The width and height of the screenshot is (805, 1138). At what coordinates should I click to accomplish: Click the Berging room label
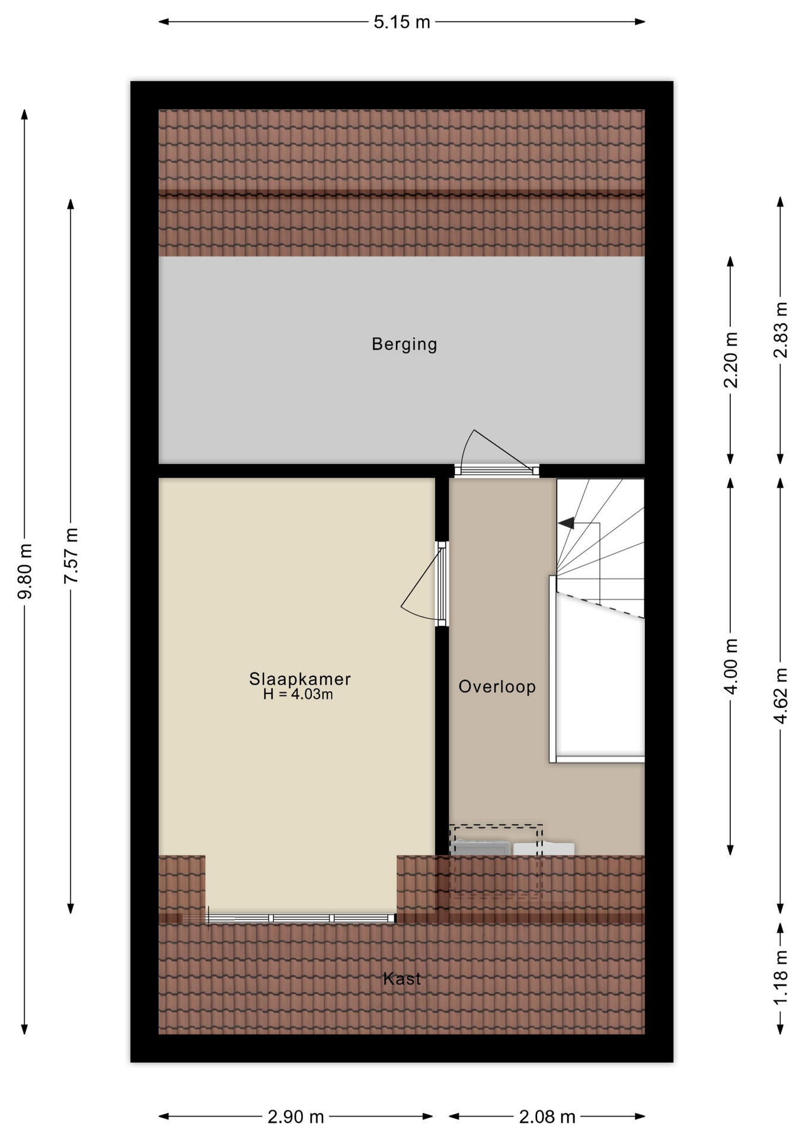(x=404, y=344)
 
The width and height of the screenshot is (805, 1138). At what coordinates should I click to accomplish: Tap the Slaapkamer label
(x=300, y=679)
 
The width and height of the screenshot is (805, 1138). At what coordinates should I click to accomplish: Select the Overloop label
(x=497, y=686)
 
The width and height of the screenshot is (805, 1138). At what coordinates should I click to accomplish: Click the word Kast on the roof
(x=402, y=979)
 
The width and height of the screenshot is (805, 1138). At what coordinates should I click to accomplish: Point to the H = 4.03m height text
(x=298, y=694)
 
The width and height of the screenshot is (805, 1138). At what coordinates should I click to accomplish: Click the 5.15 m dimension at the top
(x=402, y=23)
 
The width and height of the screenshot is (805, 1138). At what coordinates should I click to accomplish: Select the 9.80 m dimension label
(x=25, y=571)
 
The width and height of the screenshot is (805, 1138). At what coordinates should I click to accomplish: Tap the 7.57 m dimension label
(x=71, y=555)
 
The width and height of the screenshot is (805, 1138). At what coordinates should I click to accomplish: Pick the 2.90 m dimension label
(x=296, y=1117)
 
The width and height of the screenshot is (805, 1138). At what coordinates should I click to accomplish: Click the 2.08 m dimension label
(x=547, y=1117)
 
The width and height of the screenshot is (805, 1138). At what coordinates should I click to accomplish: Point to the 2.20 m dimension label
(x=731, y=360)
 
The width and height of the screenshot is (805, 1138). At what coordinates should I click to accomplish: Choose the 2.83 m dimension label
(x=781, y=330)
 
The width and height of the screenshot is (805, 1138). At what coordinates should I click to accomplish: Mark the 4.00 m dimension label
(x=731, y=667)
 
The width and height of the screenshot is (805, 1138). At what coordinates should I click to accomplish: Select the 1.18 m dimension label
(x=781, y=977)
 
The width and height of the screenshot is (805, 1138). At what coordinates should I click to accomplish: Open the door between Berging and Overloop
(x=497, y=471)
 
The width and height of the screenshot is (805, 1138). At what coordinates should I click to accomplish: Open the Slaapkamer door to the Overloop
(x=442, y=584)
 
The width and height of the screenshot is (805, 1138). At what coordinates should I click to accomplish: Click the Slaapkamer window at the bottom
(x=301, y=918)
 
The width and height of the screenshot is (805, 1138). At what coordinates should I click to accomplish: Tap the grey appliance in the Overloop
(x=481, y=848)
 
